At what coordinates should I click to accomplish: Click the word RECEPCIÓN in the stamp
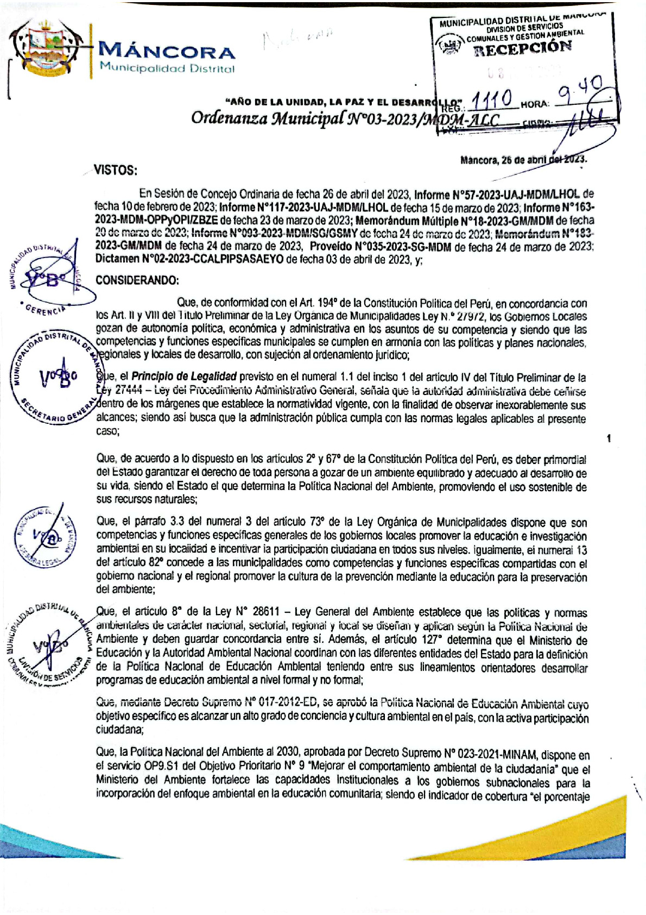[x=523, y=48]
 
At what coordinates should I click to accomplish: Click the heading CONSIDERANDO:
[x=137, y=280]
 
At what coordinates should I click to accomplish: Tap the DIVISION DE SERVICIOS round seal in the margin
[x=49, y=644]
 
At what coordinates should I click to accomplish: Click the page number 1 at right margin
[x=609, y=438]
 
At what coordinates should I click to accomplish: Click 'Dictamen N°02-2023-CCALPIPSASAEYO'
[x=189, y=260]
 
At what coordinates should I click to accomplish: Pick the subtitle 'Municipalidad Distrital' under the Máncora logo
[x=167, y=69]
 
